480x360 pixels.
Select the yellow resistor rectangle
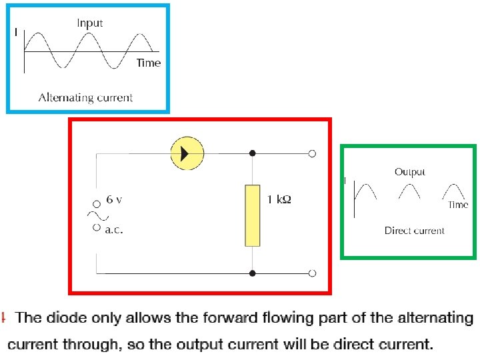(x=252, y=216)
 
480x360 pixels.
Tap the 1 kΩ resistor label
(x=279, y=200)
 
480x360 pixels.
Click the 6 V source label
(x=114, y=200)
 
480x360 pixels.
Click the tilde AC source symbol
(x=97, y=215)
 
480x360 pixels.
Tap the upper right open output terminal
(x=312, y=153)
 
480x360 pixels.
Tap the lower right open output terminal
(x=312, y=273)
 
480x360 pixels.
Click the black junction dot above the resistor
(x=252, y=153)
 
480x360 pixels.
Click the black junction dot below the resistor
(x=252, y=273)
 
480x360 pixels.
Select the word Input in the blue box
(x=89, y=23)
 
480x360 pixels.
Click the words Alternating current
(x=85, y=97)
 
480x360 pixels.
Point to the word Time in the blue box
(x=148, y=63)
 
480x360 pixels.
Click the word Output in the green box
(x=409, y=172)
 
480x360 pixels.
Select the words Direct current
(x=414, y=231)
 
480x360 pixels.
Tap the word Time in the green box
(x=458, y=205)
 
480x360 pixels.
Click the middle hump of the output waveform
(x=409, y=191)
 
